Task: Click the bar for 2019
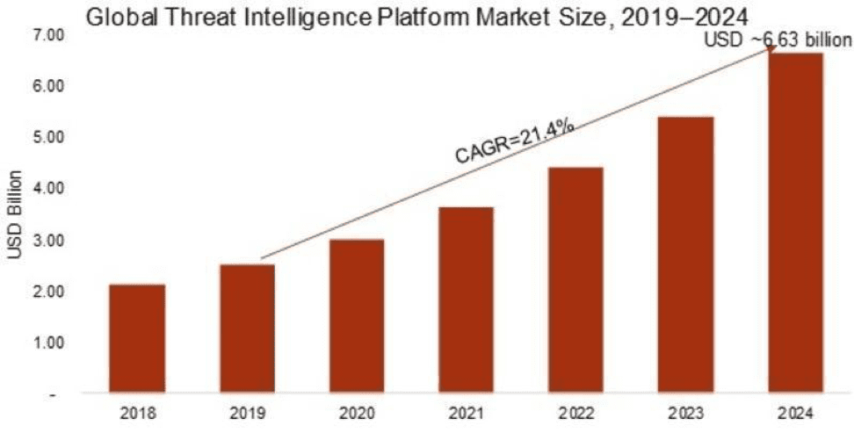point(247,328)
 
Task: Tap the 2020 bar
point(357,316)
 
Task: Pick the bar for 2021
point(467,300)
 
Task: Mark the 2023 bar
point(686,255)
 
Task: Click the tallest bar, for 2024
point(796,223)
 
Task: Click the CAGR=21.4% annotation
point(515,141)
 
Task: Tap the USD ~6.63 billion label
point(777,40)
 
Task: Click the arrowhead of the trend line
point(772,49)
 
